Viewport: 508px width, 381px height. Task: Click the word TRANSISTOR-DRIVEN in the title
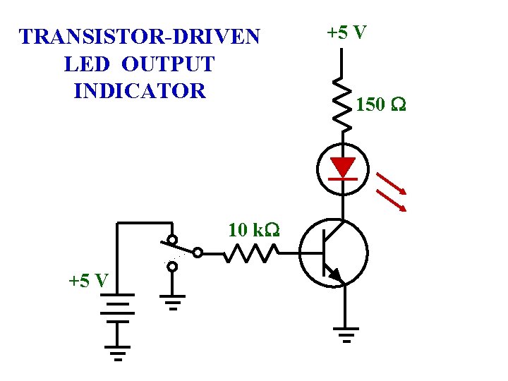click(x=140, y=37)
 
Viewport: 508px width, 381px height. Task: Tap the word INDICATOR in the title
click(x=139, y=91)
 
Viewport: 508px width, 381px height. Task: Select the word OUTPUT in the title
click(x=168, y=64)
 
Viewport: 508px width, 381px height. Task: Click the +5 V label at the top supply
click(x=346, y=32)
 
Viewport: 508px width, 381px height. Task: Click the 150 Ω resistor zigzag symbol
click(x=342, y=103)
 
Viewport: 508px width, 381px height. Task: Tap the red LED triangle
click(x=343, y=167)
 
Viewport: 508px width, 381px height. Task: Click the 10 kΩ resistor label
click(x=253, y=230)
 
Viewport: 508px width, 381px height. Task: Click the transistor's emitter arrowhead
click(x=335, y=274)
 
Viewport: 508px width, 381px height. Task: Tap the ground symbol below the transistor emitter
click(x=345, y=332)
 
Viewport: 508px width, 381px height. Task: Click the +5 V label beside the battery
click(x=88, y=280)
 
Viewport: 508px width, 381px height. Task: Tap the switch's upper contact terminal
click(x=172, y=239)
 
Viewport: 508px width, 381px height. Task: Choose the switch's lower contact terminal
click(x=172, y=267)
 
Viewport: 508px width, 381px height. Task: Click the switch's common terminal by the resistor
click(x=198, y=252)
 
